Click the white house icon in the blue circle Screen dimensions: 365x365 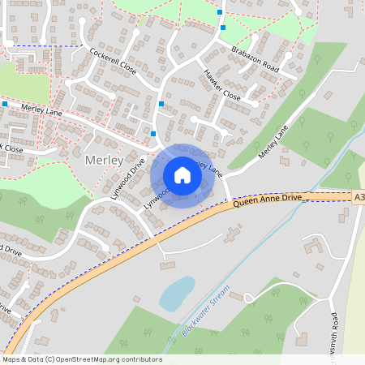tap(182, 175)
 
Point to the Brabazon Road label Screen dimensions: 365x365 tap(255, 59)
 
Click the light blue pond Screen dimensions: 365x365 tap(177, 293)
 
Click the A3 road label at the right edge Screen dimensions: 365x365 tap(359, 196)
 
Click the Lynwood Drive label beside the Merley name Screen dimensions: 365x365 tap(129, 178)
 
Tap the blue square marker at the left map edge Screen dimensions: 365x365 tap(5, 104)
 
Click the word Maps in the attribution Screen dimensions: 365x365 tap(11, 359)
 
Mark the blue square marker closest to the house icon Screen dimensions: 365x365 tap(153, 134)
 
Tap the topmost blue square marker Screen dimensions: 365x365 tap(221, 13)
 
